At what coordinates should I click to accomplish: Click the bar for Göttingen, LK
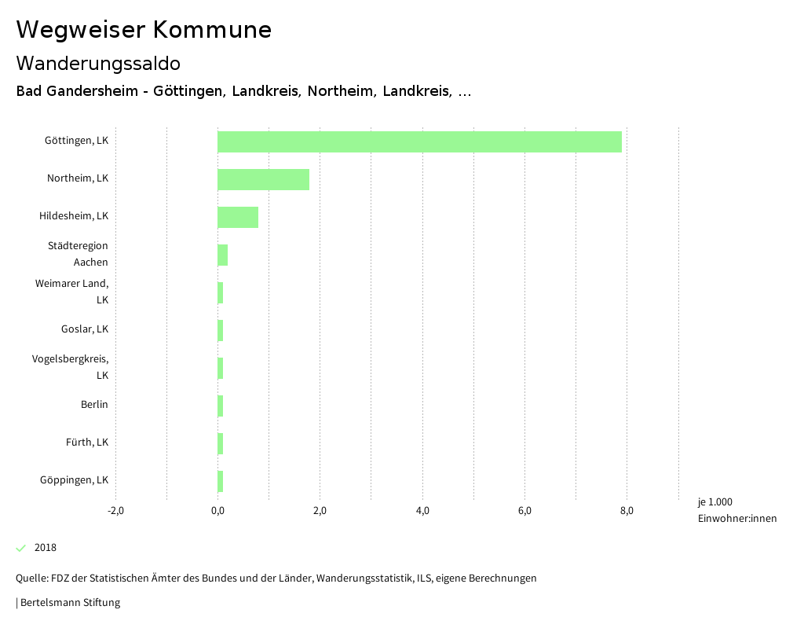(419, 141)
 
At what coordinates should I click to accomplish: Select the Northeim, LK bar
(263, 179)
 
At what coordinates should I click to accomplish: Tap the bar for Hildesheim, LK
(238, 217)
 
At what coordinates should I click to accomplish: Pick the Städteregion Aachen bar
(222, 255)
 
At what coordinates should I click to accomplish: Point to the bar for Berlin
(221, 406)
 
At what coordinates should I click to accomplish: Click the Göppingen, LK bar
(221, 481)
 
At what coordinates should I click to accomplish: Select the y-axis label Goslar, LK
(85, 329)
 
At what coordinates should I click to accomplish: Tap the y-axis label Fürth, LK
(87, 443)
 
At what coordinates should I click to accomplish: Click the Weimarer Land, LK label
(71, 292)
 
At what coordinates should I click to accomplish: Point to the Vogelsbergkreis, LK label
(70, 367)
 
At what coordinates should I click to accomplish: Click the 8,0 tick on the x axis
(627, 511)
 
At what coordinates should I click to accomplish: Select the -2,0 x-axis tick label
(115, 511)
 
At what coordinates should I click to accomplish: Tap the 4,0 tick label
(422, 511)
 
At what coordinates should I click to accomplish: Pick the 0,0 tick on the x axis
(217, 511)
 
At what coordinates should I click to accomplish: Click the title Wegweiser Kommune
(144, 30)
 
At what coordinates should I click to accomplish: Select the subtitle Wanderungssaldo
(98, 63)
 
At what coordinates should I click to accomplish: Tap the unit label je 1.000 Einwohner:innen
(736, 510)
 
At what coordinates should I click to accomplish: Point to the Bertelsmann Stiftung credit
(69, 603)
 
